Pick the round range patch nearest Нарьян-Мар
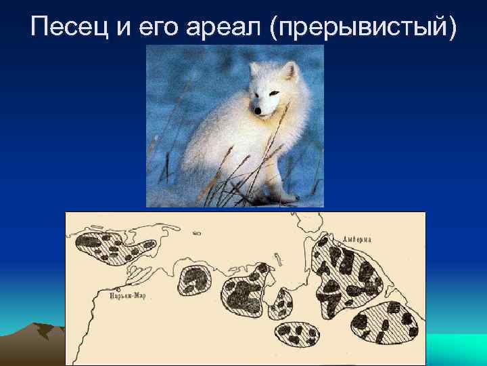(x=194, y=281)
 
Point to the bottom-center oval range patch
(x=296, y=334)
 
